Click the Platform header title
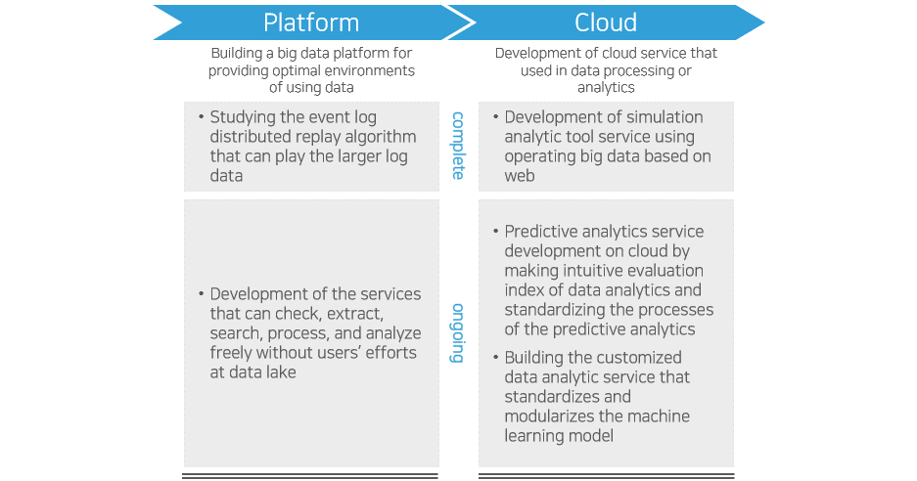311,22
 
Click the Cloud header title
606,22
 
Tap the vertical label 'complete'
457,146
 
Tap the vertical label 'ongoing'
457,333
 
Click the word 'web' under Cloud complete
520,176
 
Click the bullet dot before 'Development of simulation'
495,117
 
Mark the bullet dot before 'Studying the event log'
201,117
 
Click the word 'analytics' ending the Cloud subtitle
606,87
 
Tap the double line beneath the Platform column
311,476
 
